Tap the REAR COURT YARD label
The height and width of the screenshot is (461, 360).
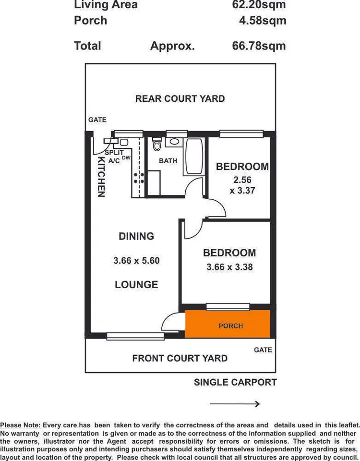[180, 98]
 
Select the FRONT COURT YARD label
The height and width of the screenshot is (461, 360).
[180, 358]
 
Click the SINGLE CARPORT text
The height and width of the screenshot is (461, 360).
[235, 382]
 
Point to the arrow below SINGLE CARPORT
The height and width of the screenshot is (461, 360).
[235, 404]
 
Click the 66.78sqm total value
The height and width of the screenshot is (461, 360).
[258, 46]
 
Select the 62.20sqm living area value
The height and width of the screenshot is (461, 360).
[258, 5]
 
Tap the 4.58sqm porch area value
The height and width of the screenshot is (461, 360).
[262, 21]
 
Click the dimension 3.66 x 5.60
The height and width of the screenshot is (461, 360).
[136, 261]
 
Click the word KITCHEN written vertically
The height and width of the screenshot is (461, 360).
[101, 176]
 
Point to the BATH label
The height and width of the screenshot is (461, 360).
[168, 161]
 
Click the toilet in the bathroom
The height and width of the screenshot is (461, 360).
[156, 146]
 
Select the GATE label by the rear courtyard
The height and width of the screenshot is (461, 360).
[97, 120]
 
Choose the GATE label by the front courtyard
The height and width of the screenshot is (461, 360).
[263, 350]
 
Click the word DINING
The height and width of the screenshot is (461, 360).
[137, 236]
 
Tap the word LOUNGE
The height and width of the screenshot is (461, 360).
[136, 285]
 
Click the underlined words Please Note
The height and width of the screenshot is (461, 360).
[21, 425]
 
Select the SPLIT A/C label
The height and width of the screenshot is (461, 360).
[114, 157]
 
